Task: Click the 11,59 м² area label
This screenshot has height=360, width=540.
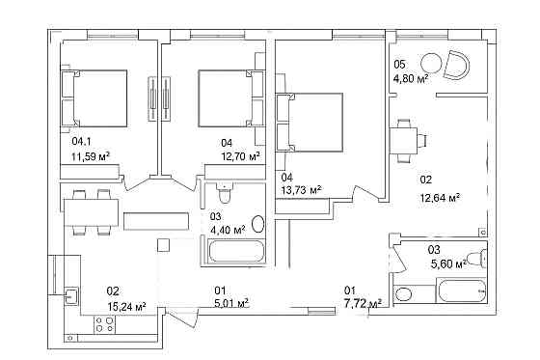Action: pos(91,157)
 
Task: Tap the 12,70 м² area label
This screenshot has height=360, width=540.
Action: pos(241,157)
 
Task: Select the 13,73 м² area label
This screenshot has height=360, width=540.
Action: pos(301,190)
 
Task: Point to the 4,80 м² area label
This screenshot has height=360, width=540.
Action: pos(411,79)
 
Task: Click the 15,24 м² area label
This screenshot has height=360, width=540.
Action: pos(126,306)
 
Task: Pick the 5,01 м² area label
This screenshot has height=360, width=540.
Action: pos(231,303)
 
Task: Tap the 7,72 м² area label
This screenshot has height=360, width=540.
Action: pos(363,304)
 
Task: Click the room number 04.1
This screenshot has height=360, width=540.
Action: pos(82,141)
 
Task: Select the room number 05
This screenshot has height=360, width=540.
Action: pos(399,65)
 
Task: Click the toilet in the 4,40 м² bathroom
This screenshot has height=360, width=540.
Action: pos(224,193)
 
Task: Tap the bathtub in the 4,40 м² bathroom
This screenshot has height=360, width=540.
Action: pos(233,251)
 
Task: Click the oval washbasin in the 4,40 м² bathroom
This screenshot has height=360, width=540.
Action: pos(258,224)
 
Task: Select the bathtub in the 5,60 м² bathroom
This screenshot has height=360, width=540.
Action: pos(462,291)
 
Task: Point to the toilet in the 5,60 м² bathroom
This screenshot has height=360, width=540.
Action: pos(476,259)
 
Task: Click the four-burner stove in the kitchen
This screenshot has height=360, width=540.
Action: pos(105,324)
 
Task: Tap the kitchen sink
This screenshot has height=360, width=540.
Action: pos(71,296)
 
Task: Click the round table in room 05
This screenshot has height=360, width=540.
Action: pos(432,64)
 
